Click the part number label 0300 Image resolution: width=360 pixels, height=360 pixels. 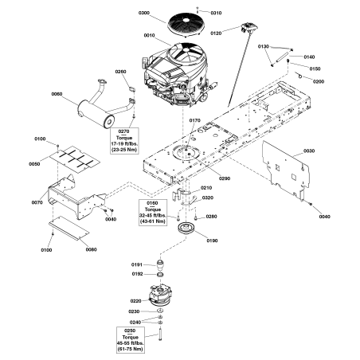[143, 14]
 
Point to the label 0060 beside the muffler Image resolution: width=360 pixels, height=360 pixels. [57, 95]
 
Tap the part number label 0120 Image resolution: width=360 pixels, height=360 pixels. [216, 33]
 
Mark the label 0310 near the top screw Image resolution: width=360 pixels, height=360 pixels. [216, 14]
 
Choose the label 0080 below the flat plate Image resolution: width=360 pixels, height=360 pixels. [90, 249]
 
